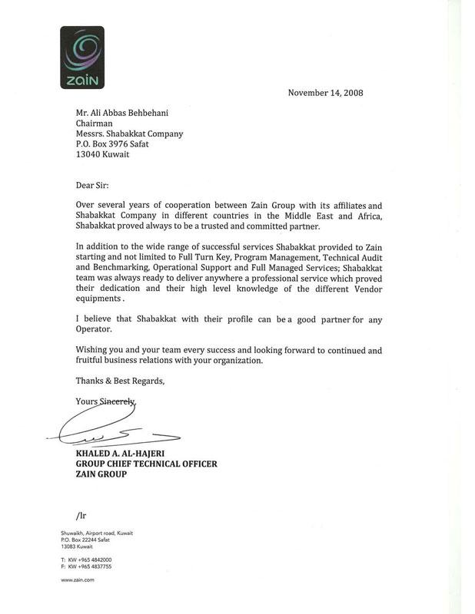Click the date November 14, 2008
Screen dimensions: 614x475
coord(325,93)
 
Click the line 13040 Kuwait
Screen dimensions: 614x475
coord(102,154)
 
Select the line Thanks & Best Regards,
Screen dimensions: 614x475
coord(120,381)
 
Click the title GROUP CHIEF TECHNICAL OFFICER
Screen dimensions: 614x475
coord(146,464)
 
